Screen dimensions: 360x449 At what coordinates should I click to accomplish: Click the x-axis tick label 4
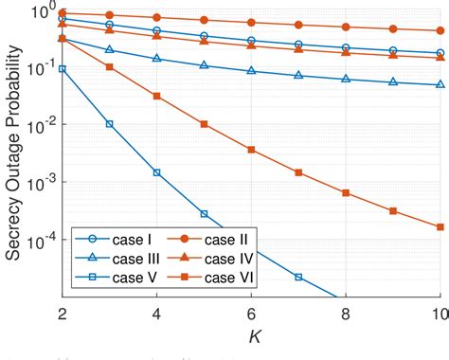[157, 315]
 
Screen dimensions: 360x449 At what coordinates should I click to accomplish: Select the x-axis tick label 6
[251, 315]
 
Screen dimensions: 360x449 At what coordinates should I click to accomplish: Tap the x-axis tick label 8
[346, 315]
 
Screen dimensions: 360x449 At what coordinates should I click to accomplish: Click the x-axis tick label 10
[438, 315]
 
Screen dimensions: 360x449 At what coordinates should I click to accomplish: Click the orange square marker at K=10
[440, 227]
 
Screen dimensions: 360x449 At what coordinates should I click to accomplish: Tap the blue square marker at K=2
[63, 68]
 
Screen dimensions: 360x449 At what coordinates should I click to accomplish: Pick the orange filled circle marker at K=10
[440, 31]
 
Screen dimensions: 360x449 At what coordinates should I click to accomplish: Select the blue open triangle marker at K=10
[440, 84]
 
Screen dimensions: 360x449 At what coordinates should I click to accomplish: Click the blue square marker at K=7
[298, 277]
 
